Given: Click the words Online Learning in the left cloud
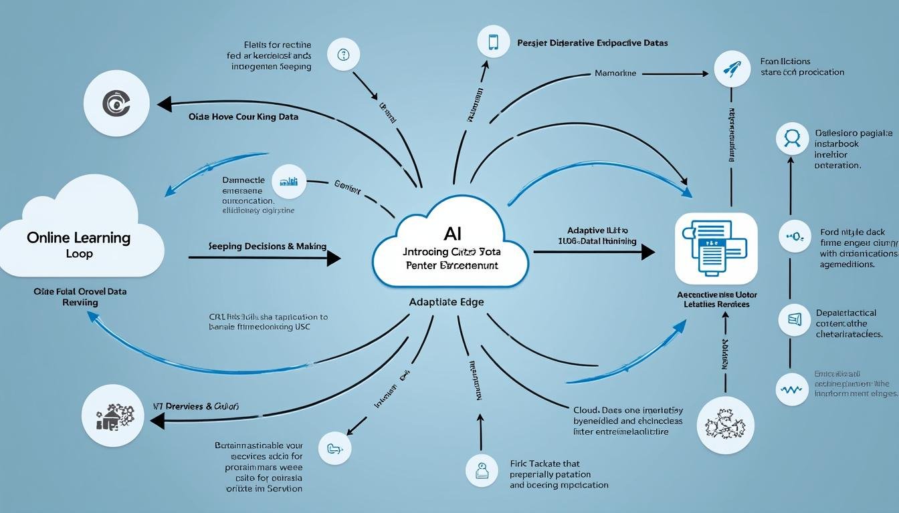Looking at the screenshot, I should (79, 237).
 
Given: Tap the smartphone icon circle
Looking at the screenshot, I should (494, 41).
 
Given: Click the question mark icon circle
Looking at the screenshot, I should (344, 55).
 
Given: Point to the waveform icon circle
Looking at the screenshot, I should (791, 389).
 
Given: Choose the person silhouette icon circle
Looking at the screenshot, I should (792, 138).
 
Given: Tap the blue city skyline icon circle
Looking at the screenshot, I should (290, 182).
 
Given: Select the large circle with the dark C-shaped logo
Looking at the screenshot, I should (116, 104).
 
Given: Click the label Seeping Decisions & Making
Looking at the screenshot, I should (268, 246).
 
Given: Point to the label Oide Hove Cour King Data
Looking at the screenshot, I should (243, 116).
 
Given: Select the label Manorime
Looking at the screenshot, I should (615, 73).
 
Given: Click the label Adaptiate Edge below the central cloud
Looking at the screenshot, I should (446, 302).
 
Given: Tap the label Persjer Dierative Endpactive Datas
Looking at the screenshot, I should (592, 43).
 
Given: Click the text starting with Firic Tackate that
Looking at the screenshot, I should (544, 464).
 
